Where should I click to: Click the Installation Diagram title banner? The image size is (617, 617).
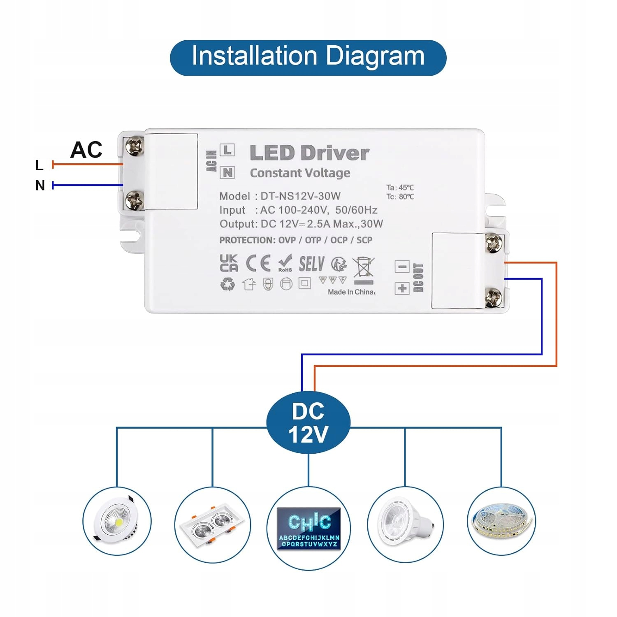[x=308, y=57]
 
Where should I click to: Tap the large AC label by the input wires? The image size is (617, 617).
[x=86, y=150]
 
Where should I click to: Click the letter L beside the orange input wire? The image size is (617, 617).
[x=39, y=165]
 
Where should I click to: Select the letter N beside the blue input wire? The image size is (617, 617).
[x=40, y=186]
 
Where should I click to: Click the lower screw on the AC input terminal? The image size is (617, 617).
[x=134, y=200]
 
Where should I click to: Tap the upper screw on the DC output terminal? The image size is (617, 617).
[x=494, y=243]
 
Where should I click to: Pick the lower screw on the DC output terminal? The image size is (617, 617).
[x=494, y=297]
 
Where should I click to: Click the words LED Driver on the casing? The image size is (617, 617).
[x=309, y=153]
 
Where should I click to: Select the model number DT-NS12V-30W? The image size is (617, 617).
[x=300, y=196]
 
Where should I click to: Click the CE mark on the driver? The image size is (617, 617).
[x=258, y=263]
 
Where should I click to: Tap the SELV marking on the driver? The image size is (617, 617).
[x=311, y=264]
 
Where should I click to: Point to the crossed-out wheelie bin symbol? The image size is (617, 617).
[x=364, y=268]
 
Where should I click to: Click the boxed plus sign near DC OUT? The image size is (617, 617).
[x=402, y=288]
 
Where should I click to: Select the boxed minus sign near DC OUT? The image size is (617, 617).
[x=402, y=267]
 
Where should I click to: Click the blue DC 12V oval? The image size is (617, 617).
[x=308, y=423]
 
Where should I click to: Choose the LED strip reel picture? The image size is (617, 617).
[x=501, y=521]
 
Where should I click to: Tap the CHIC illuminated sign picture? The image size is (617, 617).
[x=308, y=529]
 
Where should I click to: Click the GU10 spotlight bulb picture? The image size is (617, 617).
[x=405, y=523]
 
